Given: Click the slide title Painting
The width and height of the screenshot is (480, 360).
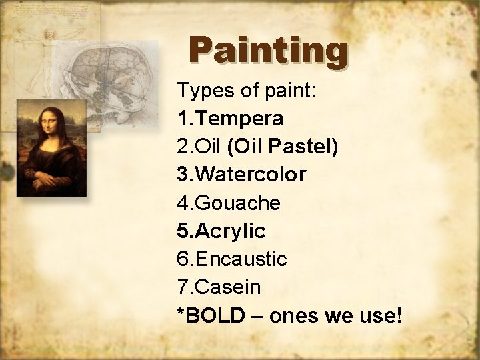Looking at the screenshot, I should coord(268,51).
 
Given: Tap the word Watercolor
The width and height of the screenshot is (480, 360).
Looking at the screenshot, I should coord(251,175).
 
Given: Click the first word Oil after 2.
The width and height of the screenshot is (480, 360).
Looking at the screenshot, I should coord(209,147).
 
